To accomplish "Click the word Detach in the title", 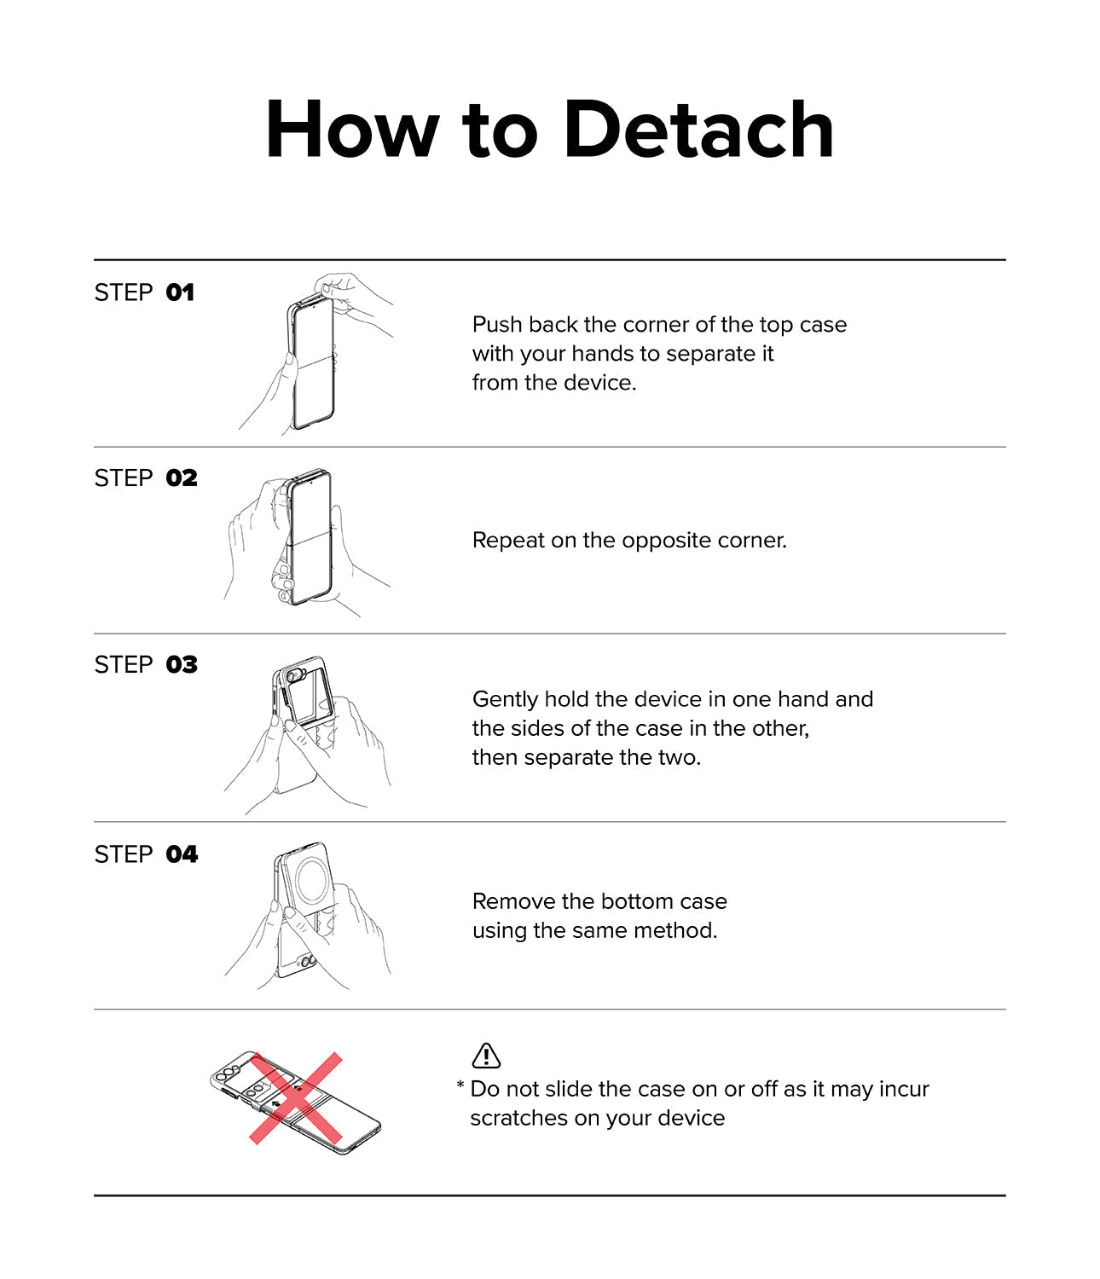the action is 698,130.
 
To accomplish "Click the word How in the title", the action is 353,130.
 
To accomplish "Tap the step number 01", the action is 180,292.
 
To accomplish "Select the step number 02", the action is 182,478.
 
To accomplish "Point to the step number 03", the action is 182,665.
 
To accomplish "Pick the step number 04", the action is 182,855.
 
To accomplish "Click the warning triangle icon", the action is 486,1056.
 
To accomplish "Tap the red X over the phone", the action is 296,1098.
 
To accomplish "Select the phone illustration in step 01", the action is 312,362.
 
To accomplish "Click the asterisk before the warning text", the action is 460,1085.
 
